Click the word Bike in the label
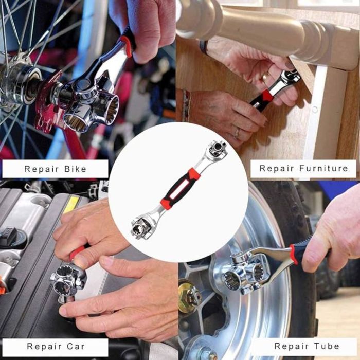point(75,169)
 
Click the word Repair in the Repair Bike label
point(42,169)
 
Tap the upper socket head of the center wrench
point(217,150)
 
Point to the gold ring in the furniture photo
point(266,76)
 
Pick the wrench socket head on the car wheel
point(244,273)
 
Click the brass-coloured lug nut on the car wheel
point(189,298)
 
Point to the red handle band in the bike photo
point(126,46)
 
